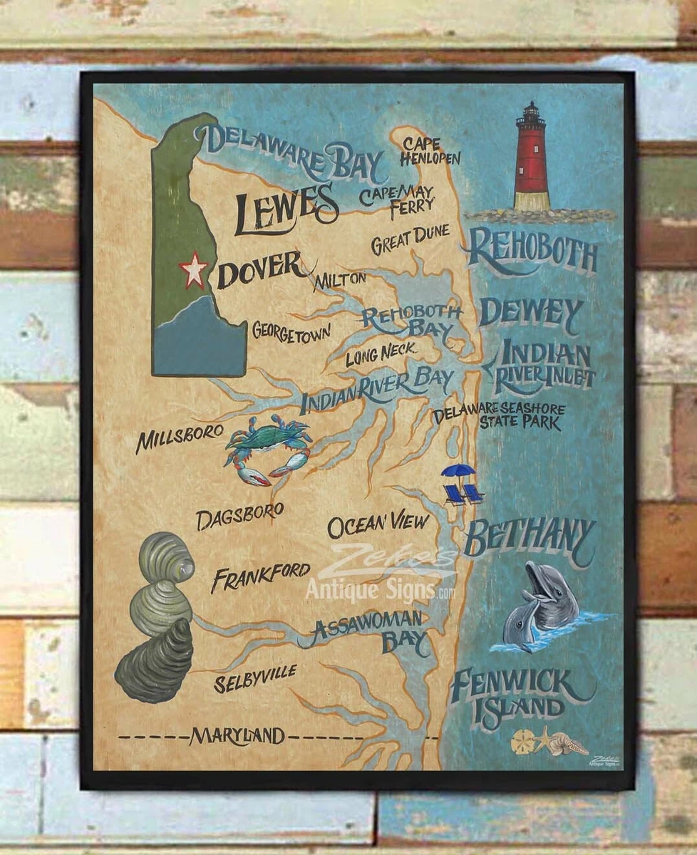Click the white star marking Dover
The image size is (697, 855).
(x=193, y=270)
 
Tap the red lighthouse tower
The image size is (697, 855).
(x=532, y=160)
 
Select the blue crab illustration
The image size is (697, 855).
(x=267, y=449)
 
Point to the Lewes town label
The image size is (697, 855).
(x=286, y=209)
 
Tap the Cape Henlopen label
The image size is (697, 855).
(x=429, y=151)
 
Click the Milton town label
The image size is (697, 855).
(x=339, y=279)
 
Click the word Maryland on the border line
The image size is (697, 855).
(x=237, y=736)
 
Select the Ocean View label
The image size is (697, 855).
(x=378, y=525)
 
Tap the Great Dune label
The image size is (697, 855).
(x=410, y=240)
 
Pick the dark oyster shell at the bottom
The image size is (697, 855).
(x=155, y=662)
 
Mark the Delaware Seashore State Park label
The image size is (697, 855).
(x=500, y=416)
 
